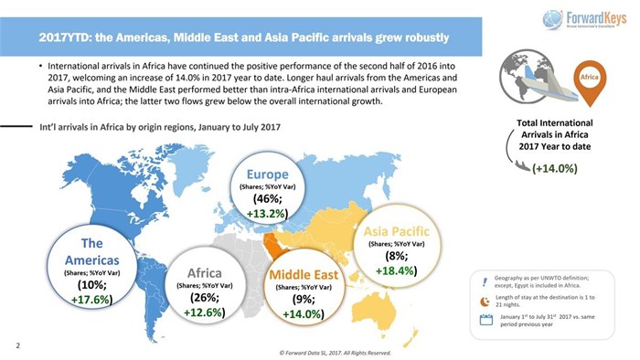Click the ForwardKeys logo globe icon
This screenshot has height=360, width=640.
point(551,18)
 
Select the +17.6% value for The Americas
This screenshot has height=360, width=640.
point(91,298)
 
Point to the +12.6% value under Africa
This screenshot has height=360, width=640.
point(204,312)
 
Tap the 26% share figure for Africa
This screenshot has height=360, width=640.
point(204,298)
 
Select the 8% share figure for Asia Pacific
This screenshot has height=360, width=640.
point(395,257)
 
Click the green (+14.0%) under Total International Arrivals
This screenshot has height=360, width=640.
point(554,168)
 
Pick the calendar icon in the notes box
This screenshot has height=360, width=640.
point(485,320)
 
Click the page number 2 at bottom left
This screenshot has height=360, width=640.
point(16,345)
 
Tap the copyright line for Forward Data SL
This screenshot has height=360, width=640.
point(336,352)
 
